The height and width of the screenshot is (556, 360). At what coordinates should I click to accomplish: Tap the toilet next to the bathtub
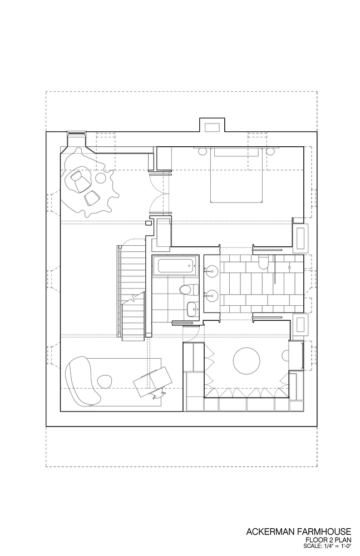coord(189,289)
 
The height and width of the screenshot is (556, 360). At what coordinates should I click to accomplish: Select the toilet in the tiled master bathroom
coord(264,262)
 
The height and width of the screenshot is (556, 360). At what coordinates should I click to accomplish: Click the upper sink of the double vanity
coord(211,271)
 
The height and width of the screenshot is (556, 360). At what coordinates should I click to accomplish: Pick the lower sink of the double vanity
coord(211,294)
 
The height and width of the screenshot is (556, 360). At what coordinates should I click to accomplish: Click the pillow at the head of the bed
coord(236,152)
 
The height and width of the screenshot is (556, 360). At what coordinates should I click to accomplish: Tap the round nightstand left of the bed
coord(202,151)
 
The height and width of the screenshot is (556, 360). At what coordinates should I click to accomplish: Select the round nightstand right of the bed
coord(270,151)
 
